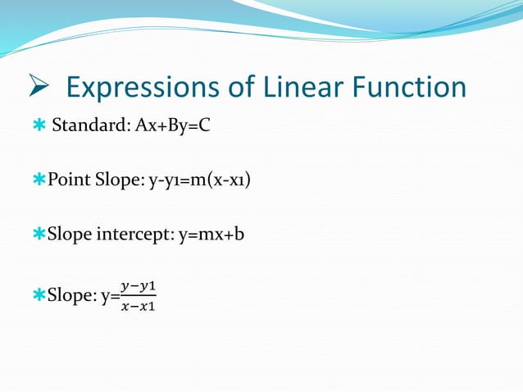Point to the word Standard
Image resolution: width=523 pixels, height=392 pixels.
tap(86, 128)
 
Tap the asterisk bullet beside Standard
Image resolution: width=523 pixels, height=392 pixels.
tap(39, 128)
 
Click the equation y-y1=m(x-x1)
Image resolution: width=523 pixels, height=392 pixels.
tap(199, 180)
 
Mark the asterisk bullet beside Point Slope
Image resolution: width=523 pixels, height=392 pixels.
tap(39, 180)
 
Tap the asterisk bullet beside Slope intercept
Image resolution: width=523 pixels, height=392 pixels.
tap(39, 235)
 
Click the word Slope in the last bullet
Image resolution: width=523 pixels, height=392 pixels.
tap(70, 296)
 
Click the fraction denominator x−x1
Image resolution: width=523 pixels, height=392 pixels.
tap(138, 307)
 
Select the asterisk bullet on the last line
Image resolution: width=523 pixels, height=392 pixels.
tap(39, 296)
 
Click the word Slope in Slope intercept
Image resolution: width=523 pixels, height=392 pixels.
tap(70, 235)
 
